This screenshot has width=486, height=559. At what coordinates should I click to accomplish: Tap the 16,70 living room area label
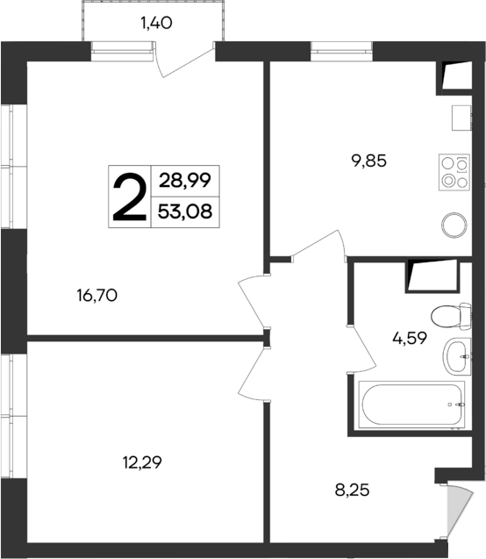(97, 296)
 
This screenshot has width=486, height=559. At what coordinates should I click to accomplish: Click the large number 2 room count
(129, 197)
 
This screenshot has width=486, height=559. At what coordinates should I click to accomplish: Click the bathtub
(410, 405)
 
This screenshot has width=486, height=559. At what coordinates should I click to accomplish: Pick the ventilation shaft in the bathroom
(432, 276)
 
